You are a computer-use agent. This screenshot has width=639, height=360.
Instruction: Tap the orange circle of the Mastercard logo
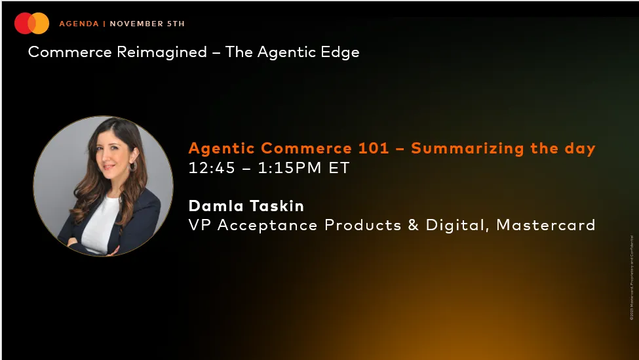[41, 24]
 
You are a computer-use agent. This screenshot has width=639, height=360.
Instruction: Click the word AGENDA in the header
[79, 24]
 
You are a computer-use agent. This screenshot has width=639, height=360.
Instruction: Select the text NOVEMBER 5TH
[147, 24]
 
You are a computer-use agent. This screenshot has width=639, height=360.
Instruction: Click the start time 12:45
[210, 168]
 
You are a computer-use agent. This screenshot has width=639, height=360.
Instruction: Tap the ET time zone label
[339, 168]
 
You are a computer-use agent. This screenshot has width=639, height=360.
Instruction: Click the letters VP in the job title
[199, 225]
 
